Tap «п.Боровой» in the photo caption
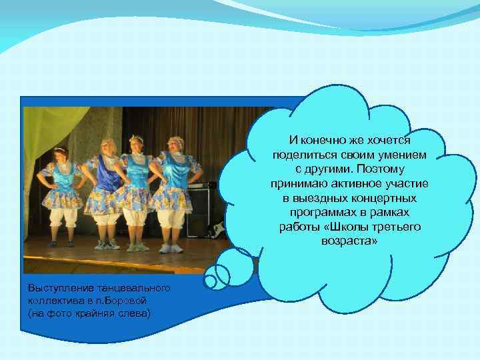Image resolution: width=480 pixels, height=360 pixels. [103, 301]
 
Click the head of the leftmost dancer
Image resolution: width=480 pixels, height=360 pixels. [59, 154]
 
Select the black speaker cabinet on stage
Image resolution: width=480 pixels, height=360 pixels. [201, 213]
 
